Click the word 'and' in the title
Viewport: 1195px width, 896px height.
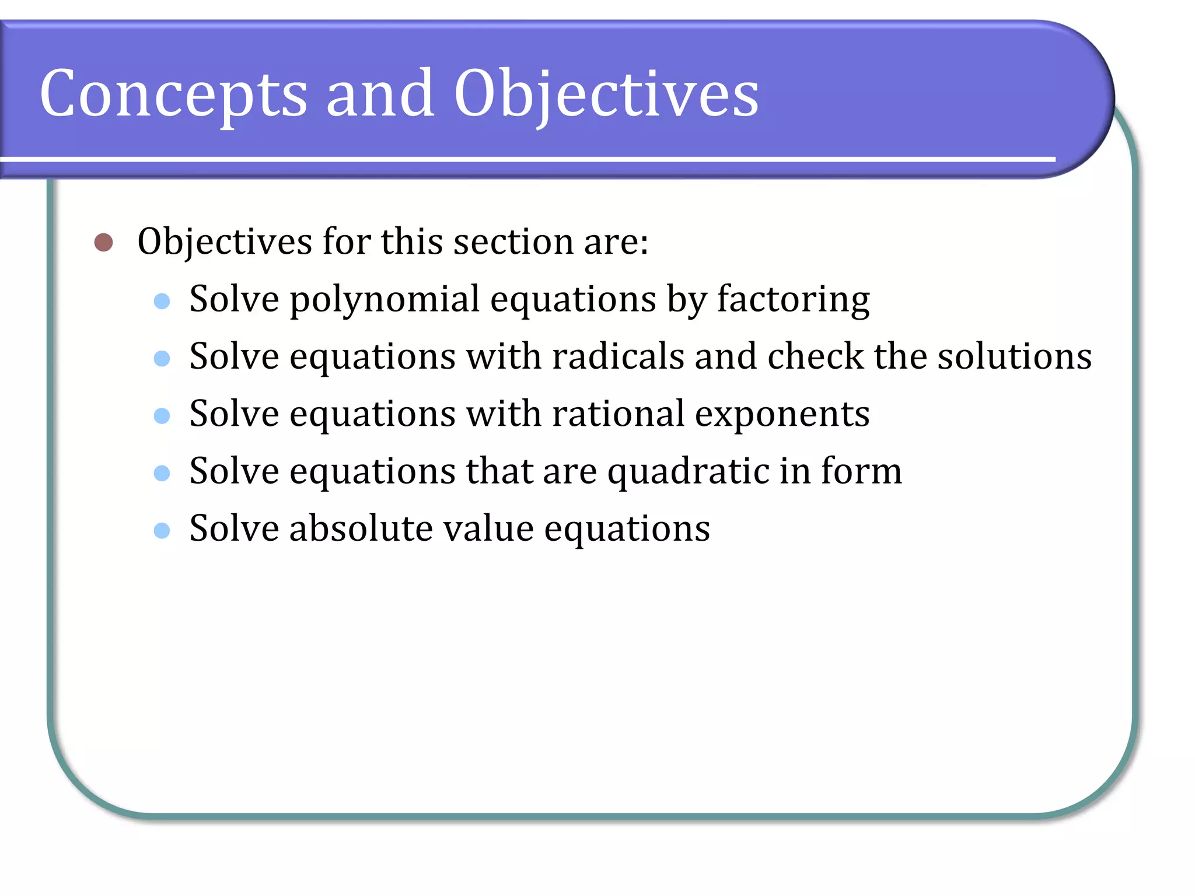point(380,93)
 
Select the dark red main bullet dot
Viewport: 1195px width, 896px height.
point(103,242)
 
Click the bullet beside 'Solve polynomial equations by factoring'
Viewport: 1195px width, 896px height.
point(162,301)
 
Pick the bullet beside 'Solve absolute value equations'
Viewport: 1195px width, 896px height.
point(162,530)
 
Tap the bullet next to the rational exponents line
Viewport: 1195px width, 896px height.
point(162,415)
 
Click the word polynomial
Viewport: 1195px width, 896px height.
point(385,300)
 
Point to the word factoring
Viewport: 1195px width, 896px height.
point(793,300)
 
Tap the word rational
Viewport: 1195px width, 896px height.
point(618,414)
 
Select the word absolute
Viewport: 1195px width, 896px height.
point(361,528)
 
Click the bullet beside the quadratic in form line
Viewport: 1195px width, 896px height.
point(162,473)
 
